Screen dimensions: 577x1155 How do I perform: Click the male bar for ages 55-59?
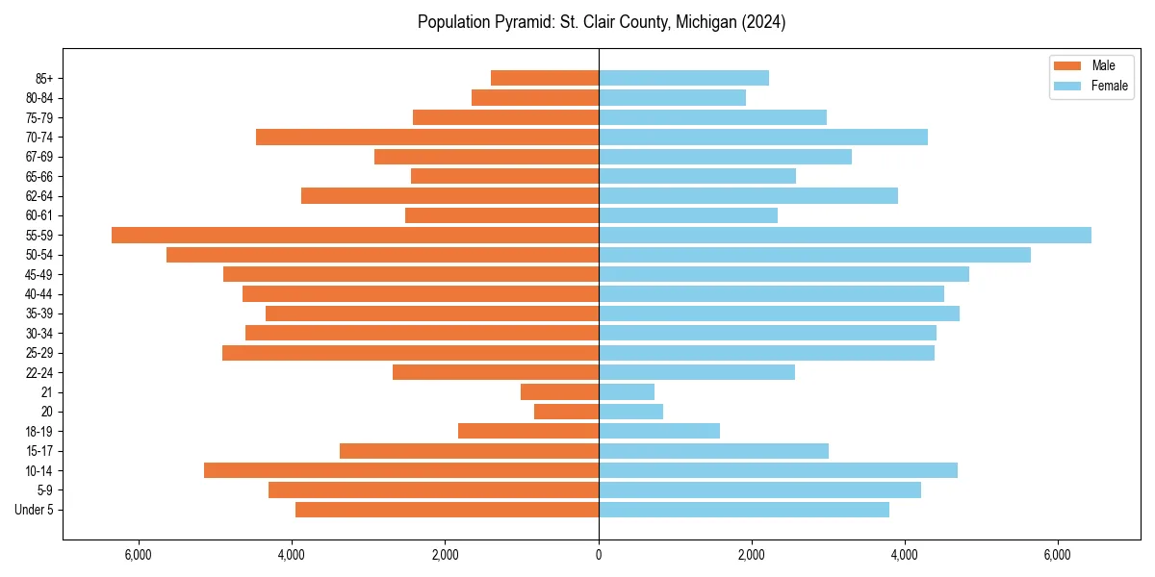(355, 236)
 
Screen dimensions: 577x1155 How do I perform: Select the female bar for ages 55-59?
(845, 236)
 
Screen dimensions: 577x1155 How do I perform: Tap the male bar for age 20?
(566, 412)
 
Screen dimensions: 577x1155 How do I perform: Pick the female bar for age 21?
(627, 392)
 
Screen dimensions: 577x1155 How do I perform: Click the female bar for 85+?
(683, 78)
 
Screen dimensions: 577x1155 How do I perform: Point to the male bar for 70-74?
(427, 138)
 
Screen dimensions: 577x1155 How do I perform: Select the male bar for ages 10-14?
(401, 470)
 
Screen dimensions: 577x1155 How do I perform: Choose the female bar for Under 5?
(744, 510)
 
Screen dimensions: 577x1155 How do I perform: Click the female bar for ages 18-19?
(659, 431)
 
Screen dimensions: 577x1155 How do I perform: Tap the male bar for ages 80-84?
(535, 98)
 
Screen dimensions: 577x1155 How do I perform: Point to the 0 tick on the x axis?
(599, 555)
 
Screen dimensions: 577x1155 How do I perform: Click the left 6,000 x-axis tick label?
(139, 555)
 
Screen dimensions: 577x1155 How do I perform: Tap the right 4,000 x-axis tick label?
(905, 555)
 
